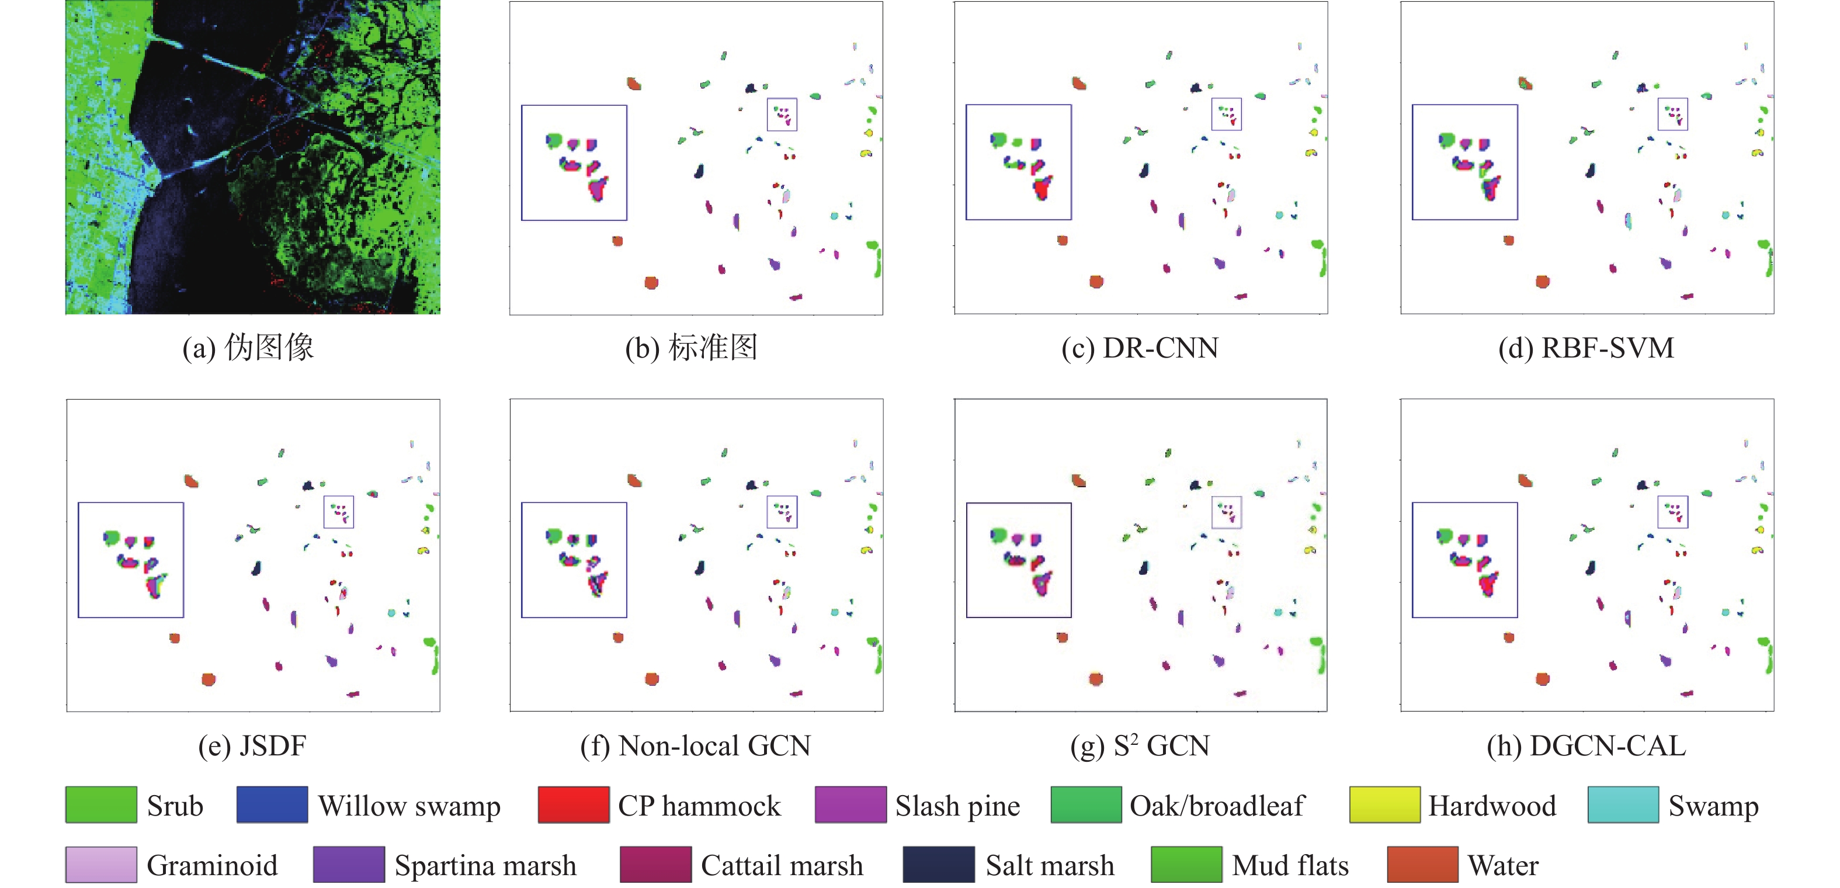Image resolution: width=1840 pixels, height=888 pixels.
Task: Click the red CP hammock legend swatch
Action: click(573, 805)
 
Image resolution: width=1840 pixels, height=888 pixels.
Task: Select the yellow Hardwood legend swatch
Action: click(1384, 805)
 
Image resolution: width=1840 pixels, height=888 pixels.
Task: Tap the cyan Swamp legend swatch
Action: click(1623, 805)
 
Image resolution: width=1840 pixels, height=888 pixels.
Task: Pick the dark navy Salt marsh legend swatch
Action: click(938, 865)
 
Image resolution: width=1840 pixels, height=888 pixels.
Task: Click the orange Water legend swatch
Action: click(1422, 865)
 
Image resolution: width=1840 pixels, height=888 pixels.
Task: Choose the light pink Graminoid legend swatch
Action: click(100, 865)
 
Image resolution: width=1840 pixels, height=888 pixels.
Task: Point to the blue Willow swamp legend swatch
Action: click(272, 805)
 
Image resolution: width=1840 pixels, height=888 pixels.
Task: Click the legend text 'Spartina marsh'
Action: click(485, 865)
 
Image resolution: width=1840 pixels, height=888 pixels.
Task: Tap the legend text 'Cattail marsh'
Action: click(782, 865)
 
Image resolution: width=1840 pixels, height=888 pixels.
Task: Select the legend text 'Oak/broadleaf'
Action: click(1216, 806)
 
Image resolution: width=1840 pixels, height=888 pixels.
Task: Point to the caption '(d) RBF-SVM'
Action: click(1586, 348)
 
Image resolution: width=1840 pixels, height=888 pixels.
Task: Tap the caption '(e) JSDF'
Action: click(252, 746)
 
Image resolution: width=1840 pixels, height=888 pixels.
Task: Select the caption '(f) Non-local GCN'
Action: click(695, 746)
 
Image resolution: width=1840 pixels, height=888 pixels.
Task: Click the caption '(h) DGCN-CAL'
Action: click(1586, 746)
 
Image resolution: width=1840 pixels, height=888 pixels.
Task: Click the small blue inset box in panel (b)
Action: click(782, 115)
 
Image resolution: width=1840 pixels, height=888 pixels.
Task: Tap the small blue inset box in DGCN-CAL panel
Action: click(1672, 512)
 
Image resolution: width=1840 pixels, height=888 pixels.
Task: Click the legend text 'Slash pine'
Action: click(957, 806)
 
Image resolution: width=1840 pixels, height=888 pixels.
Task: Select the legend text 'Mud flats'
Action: click(1290, 865)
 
